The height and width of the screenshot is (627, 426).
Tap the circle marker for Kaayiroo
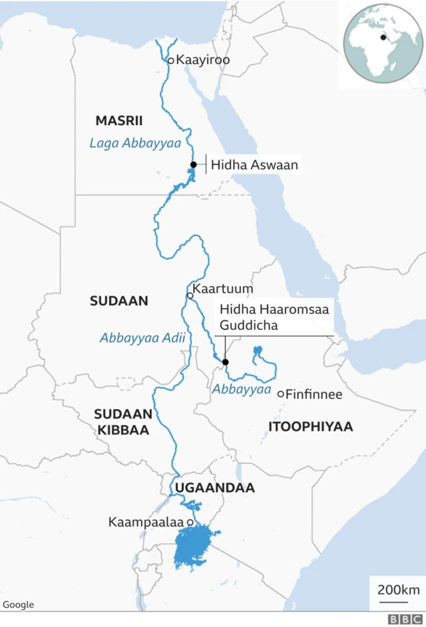[170, 61]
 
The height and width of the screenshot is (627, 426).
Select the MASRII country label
[119, 120]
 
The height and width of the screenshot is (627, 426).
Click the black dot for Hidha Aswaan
[193, 164]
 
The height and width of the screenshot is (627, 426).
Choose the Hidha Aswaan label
[255, 164]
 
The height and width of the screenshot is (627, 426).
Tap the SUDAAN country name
[118, 301]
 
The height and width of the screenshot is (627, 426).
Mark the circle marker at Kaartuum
[190, 295]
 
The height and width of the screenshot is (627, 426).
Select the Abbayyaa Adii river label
[142, 337]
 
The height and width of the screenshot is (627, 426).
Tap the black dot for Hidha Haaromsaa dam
[225, 362]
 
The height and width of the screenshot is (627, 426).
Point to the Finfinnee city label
[314, 395]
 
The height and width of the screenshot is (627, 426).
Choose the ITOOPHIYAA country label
[310, 427]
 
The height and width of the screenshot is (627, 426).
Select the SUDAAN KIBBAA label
[123, 421]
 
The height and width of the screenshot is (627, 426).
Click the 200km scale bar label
[398, 590]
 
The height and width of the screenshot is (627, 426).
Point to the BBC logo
[401, 619]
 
